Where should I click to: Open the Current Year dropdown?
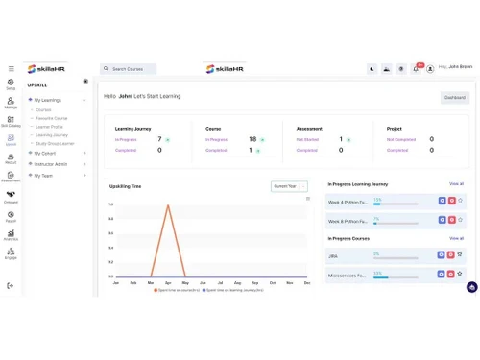pos(289,186)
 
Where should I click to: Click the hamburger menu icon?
pos(12,68)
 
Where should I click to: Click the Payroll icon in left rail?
pos(12,215)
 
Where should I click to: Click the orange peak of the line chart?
pos(168,204)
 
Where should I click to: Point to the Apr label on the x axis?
pos(168,282)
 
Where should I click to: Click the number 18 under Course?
pos(252,139)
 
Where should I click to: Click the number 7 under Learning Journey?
pos(159,139)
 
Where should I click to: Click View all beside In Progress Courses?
pos(456,238)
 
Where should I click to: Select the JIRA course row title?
pos(333,255)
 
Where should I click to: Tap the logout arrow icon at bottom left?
pos(12,285)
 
